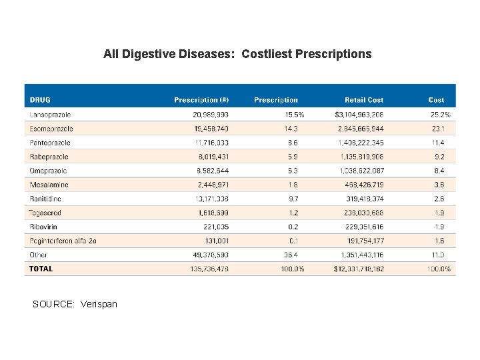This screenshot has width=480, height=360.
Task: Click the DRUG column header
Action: point(41,100)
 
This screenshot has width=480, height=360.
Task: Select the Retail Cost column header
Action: point(364,100)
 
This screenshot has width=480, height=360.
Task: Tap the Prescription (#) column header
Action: point(201,100)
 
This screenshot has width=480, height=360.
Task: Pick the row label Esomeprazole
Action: point(51,129)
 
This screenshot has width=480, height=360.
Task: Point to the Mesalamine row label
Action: point(49,185)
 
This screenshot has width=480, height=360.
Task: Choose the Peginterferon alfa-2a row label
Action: point(63,241)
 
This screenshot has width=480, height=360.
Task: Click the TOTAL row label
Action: point(41,269)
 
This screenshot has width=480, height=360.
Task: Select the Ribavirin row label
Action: point(44,227)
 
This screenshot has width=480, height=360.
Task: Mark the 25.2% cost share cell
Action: point(440,115)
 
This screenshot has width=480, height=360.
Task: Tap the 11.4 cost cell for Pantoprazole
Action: point(438,143)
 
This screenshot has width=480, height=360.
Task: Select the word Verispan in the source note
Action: point(98,304)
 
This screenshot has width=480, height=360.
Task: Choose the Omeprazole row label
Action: point(49,171)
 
